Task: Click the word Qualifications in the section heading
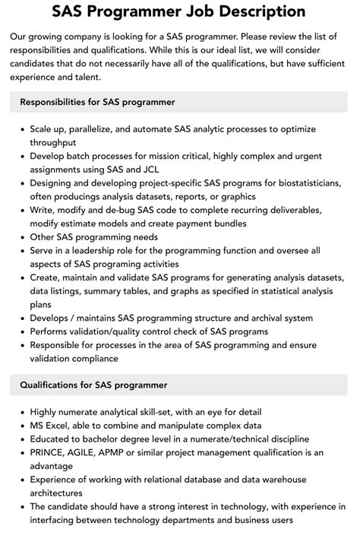(52, 386)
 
